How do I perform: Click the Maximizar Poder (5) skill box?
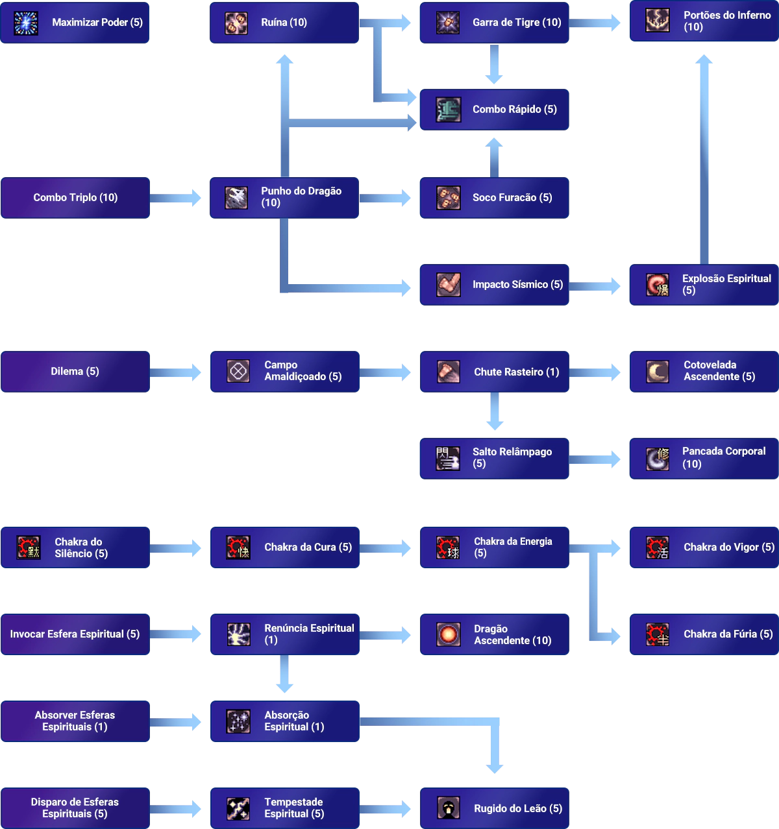click(x=75, y=22)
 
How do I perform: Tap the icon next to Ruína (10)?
click(x=236, y=23)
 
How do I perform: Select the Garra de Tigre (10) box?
click(x=495, y=22)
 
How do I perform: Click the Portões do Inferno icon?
click(x=657, y=20)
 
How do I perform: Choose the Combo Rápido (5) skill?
click(x=495, y=110)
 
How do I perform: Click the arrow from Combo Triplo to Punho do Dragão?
click(x=177, y=198)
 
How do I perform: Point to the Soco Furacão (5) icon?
click(x=448, y=198)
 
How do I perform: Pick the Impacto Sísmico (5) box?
click(x=495, y=284)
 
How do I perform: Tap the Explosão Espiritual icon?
click(x=657, y=285)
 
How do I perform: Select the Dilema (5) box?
click(x=75, y=371)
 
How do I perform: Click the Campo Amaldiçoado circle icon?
click(x=238, y=371)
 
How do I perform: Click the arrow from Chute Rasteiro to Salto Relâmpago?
click(x=495, y=412)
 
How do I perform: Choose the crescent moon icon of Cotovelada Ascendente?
click(x=657, y=371)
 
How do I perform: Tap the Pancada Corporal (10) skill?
click(x=704, y=458)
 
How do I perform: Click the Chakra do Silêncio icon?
click(x=29, y=547)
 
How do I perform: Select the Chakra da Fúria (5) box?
click(x=704, y=634)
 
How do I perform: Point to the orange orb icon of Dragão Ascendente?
click(x=448, y=634)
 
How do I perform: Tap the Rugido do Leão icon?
click(x=448, y=808)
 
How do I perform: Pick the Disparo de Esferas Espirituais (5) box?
click(x=75, y=808)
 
